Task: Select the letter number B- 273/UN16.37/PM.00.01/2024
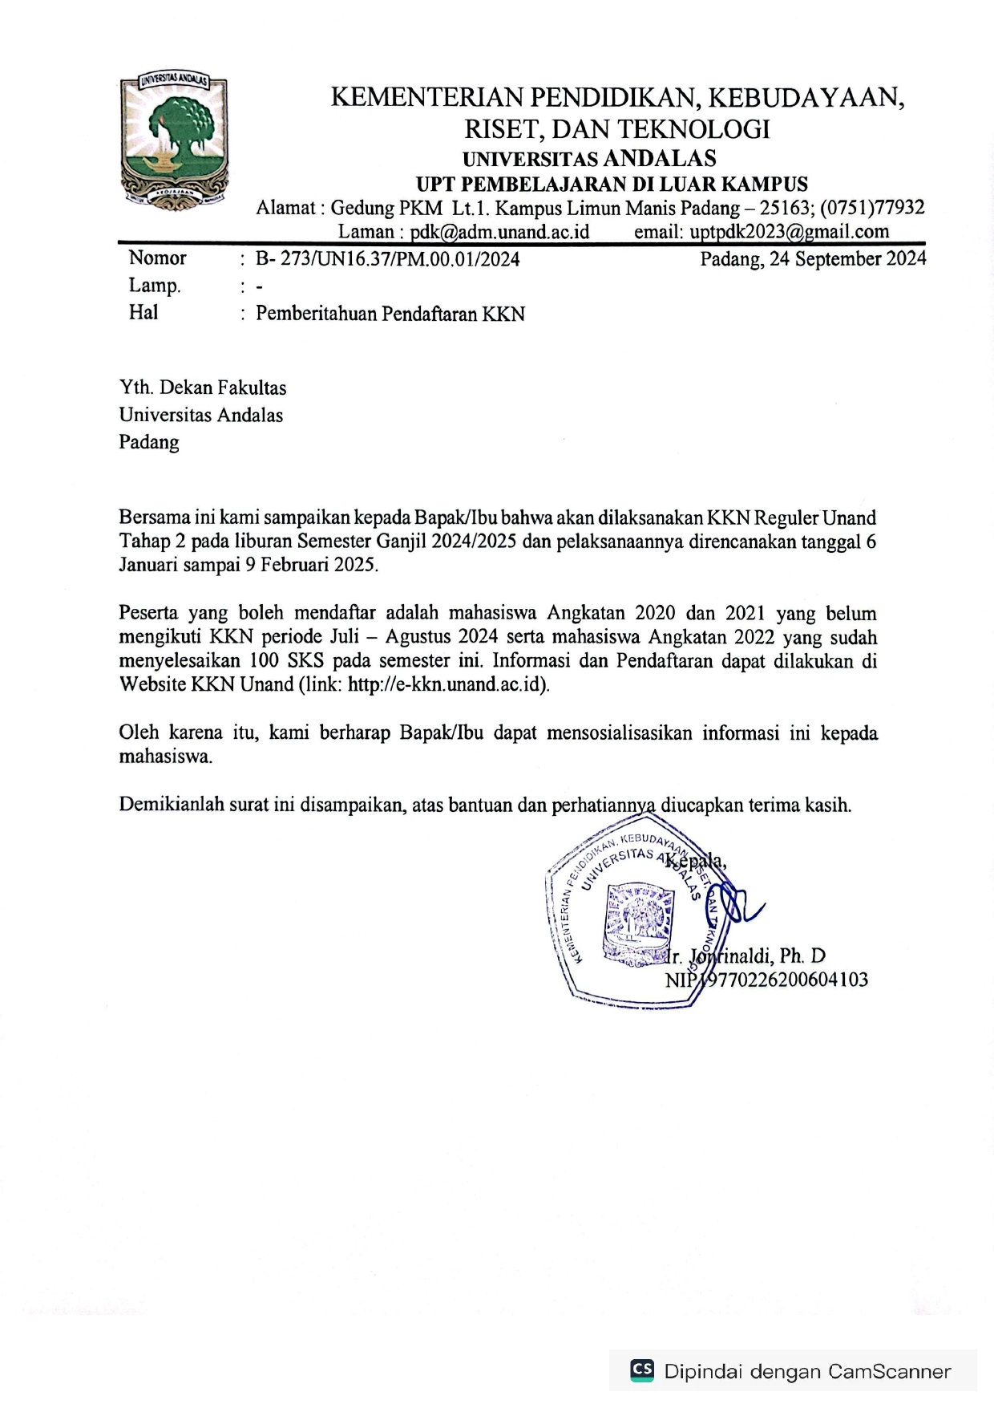pos(387,259)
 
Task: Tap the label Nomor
pos(157,258)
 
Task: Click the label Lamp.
pos(155,286)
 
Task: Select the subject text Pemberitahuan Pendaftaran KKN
pos(390,314)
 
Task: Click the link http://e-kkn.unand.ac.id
pos(446,684)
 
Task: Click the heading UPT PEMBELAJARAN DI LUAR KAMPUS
pos(612,184)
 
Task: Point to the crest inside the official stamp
pos(636,923)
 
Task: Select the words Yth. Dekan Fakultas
pos(203,388)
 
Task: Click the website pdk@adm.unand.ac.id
pos(499,232)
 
